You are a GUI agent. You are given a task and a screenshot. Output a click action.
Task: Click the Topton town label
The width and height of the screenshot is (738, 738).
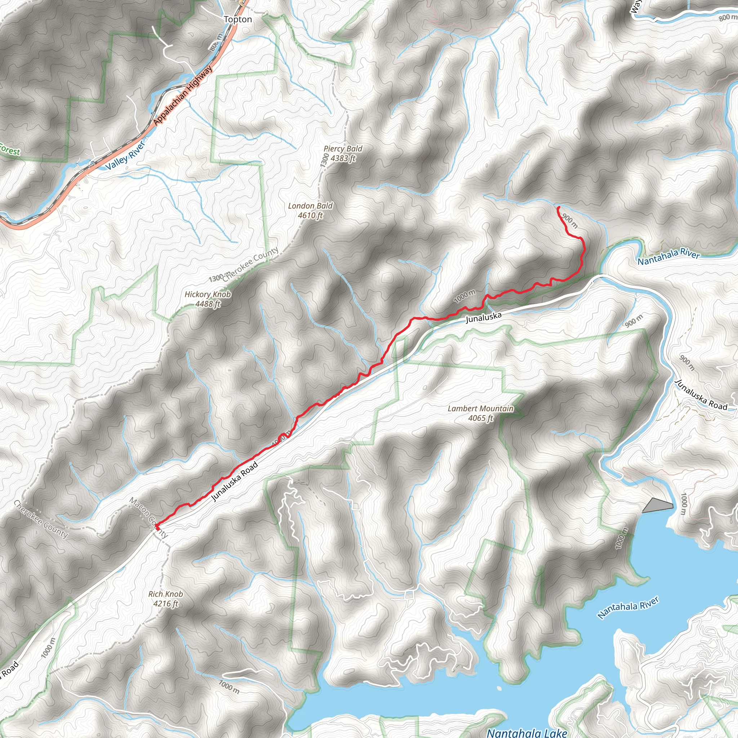point(237,19)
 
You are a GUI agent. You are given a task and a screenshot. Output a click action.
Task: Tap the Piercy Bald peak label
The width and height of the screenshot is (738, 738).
point(343,153)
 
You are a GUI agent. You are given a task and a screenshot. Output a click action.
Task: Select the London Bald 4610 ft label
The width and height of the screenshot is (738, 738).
point(310,210)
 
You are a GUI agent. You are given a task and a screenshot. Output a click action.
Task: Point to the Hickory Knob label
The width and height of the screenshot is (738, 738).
point(208,299)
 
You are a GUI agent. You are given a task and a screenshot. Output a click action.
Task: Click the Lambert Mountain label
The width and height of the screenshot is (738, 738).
point(481,413)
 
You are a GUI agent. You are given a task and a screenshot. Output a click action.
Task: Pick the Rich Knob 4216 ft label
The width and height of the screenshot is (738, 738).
point(165,599)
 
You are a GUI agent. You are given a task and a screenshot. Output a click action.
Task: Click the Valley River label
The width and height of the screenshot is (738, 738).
point(125,155)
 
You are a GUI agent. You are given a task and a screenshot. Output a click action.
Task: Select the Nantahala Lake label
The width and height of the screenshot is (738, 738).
point(527,732)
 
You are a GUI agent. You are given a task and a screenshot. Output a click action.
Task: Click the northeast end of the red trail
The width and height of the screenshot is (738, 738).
point(559,208)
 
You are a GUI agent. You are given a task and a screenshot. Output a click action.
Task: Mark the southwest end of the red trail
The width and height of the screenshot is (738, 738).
point(157,528)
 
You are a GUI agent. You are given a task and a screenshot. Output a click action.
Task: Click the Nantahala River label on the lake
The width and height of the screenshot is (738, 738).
point(628,607)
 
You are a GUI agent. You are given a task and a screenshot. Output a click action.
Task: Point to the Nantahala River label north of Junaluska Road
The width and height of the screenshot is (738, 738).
point(668,257)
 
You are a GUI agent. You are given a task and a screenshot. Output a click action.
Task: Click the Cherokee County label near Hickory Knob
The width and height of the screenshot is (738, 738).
point(250,264)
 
